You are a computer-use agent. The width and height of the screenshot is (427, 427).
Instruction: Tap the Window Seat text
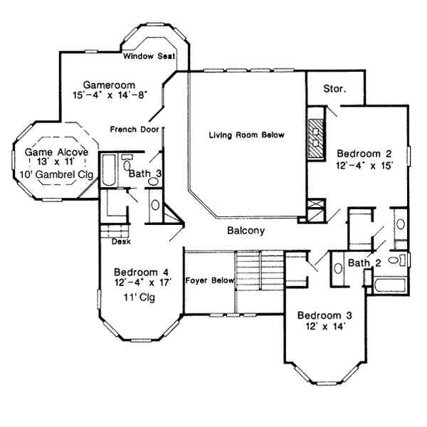point(148,56)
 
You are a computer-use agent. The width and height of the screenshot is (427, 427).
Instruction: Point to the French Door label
point(134,130)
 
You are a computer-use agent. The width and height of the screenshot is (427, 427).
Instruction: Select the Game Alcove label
point(56,152)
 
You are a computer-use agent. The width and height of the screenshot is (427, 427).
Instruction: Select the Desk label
point(120,241)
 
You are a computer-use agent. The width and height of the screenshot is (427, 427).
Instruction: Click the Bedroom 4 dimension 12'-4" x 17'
point(142,283)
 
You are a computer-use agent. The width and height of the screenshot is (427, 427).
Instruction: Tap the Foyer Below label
point(209,280)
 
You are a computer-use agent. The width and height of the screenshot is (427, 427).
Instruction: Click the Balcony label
point(246,231)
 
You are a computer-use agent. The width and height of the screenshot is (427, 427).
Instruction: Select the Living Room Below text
point(246,135)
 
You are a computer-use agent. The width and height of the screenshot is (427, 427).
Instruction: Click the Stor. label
point(334,90)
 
